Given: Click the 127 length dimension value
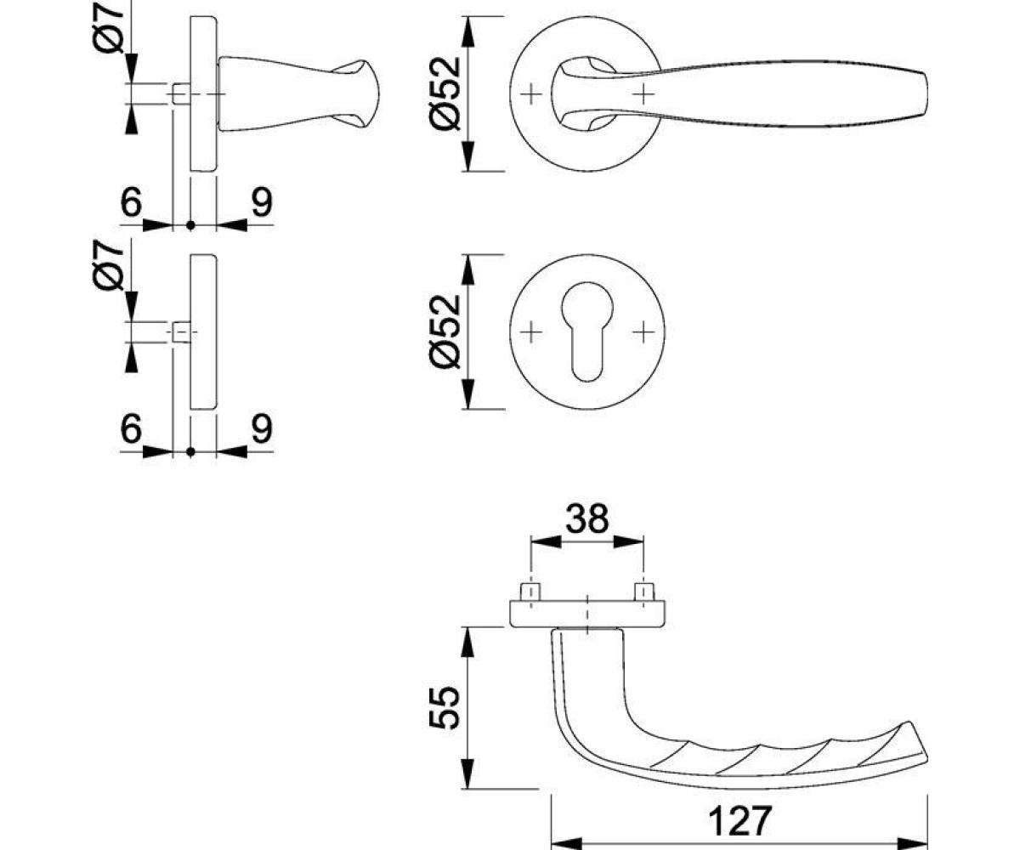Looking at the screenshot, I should point(739,821).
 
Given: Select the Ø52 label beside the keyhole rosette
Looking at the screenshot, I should point(444,331).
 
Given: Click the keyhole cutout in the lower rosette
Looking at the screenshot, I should point(587,331).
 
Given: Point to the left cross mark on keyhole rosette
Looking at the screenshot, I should point(530,331).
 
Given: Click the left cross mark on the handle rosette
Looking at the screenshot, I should point(530,93).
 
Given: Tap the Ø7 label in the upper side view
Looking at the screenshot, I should point(112,25).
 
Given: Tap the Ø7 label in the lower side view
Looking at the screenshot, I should point(112,265).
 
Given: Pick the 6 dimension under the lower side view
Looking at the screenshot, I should point(130,429).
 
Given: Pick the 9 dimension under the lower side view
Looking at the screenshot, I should point(261,429).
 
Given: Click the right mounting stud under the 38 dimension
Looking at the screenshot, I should point(644,592).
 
